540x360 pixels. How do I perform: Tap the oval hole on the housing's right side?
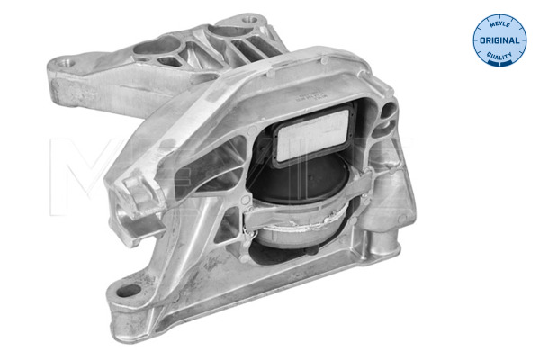pos(387,112)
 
